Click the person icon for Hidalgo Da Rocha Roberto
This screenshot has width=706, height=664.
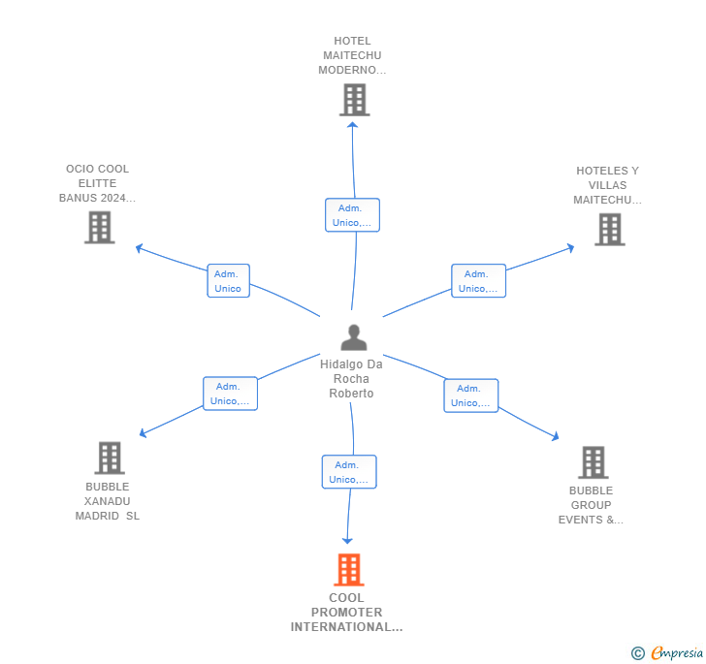tap(354, 337)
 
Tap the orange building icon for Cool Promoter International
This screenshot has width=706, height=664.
tap(349, 569)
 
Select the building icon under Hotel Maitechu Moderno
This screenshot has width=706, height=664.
tap(355, 100)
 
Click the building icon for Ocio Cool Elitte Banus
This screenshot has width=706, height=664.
tap(100, 228)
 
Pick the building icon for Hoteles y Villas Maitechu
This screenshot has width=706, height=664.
tap(610, 230)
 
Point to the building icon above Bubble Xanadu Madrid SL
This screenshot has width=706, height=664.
tap(110, 458)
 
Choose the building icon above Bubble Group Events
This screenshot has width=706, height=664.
tap(594, 462)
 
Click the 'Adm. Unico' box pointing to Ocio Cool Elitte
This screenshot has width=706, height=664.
tap(228, 281)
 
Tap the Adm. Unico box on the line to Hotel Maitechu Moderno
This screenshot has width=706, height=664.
tap(353, 215)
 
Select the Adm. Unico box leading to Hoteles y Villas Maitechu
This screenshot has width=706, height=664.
tap(479, 281)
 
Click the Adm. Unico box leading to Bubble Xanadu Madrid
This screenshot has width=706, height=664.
tap(230, 394)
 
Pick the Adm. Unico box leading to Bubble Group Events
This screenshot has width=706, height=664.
tap(471, 395)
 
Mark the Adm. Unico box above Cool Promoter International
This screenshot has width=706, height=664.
tap(349, 472)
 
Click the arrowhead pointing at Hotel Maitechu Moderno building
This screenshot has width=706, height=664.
tap(353, 125)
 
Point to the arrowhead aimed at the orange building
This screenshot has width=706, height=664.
tap(347, 541)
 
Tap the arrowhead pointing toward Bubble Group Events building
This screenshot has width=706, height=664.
tap(556, 436)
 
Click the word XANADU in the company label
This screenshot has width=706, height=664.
tap(107, 501)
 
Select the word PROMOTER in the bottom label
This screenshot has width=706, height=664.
tap(347, 613)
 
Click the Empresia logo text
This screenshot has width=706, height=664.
tap(677, 652)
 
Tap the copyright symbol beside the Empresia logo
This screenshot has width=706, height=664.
tap(638, 652)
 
